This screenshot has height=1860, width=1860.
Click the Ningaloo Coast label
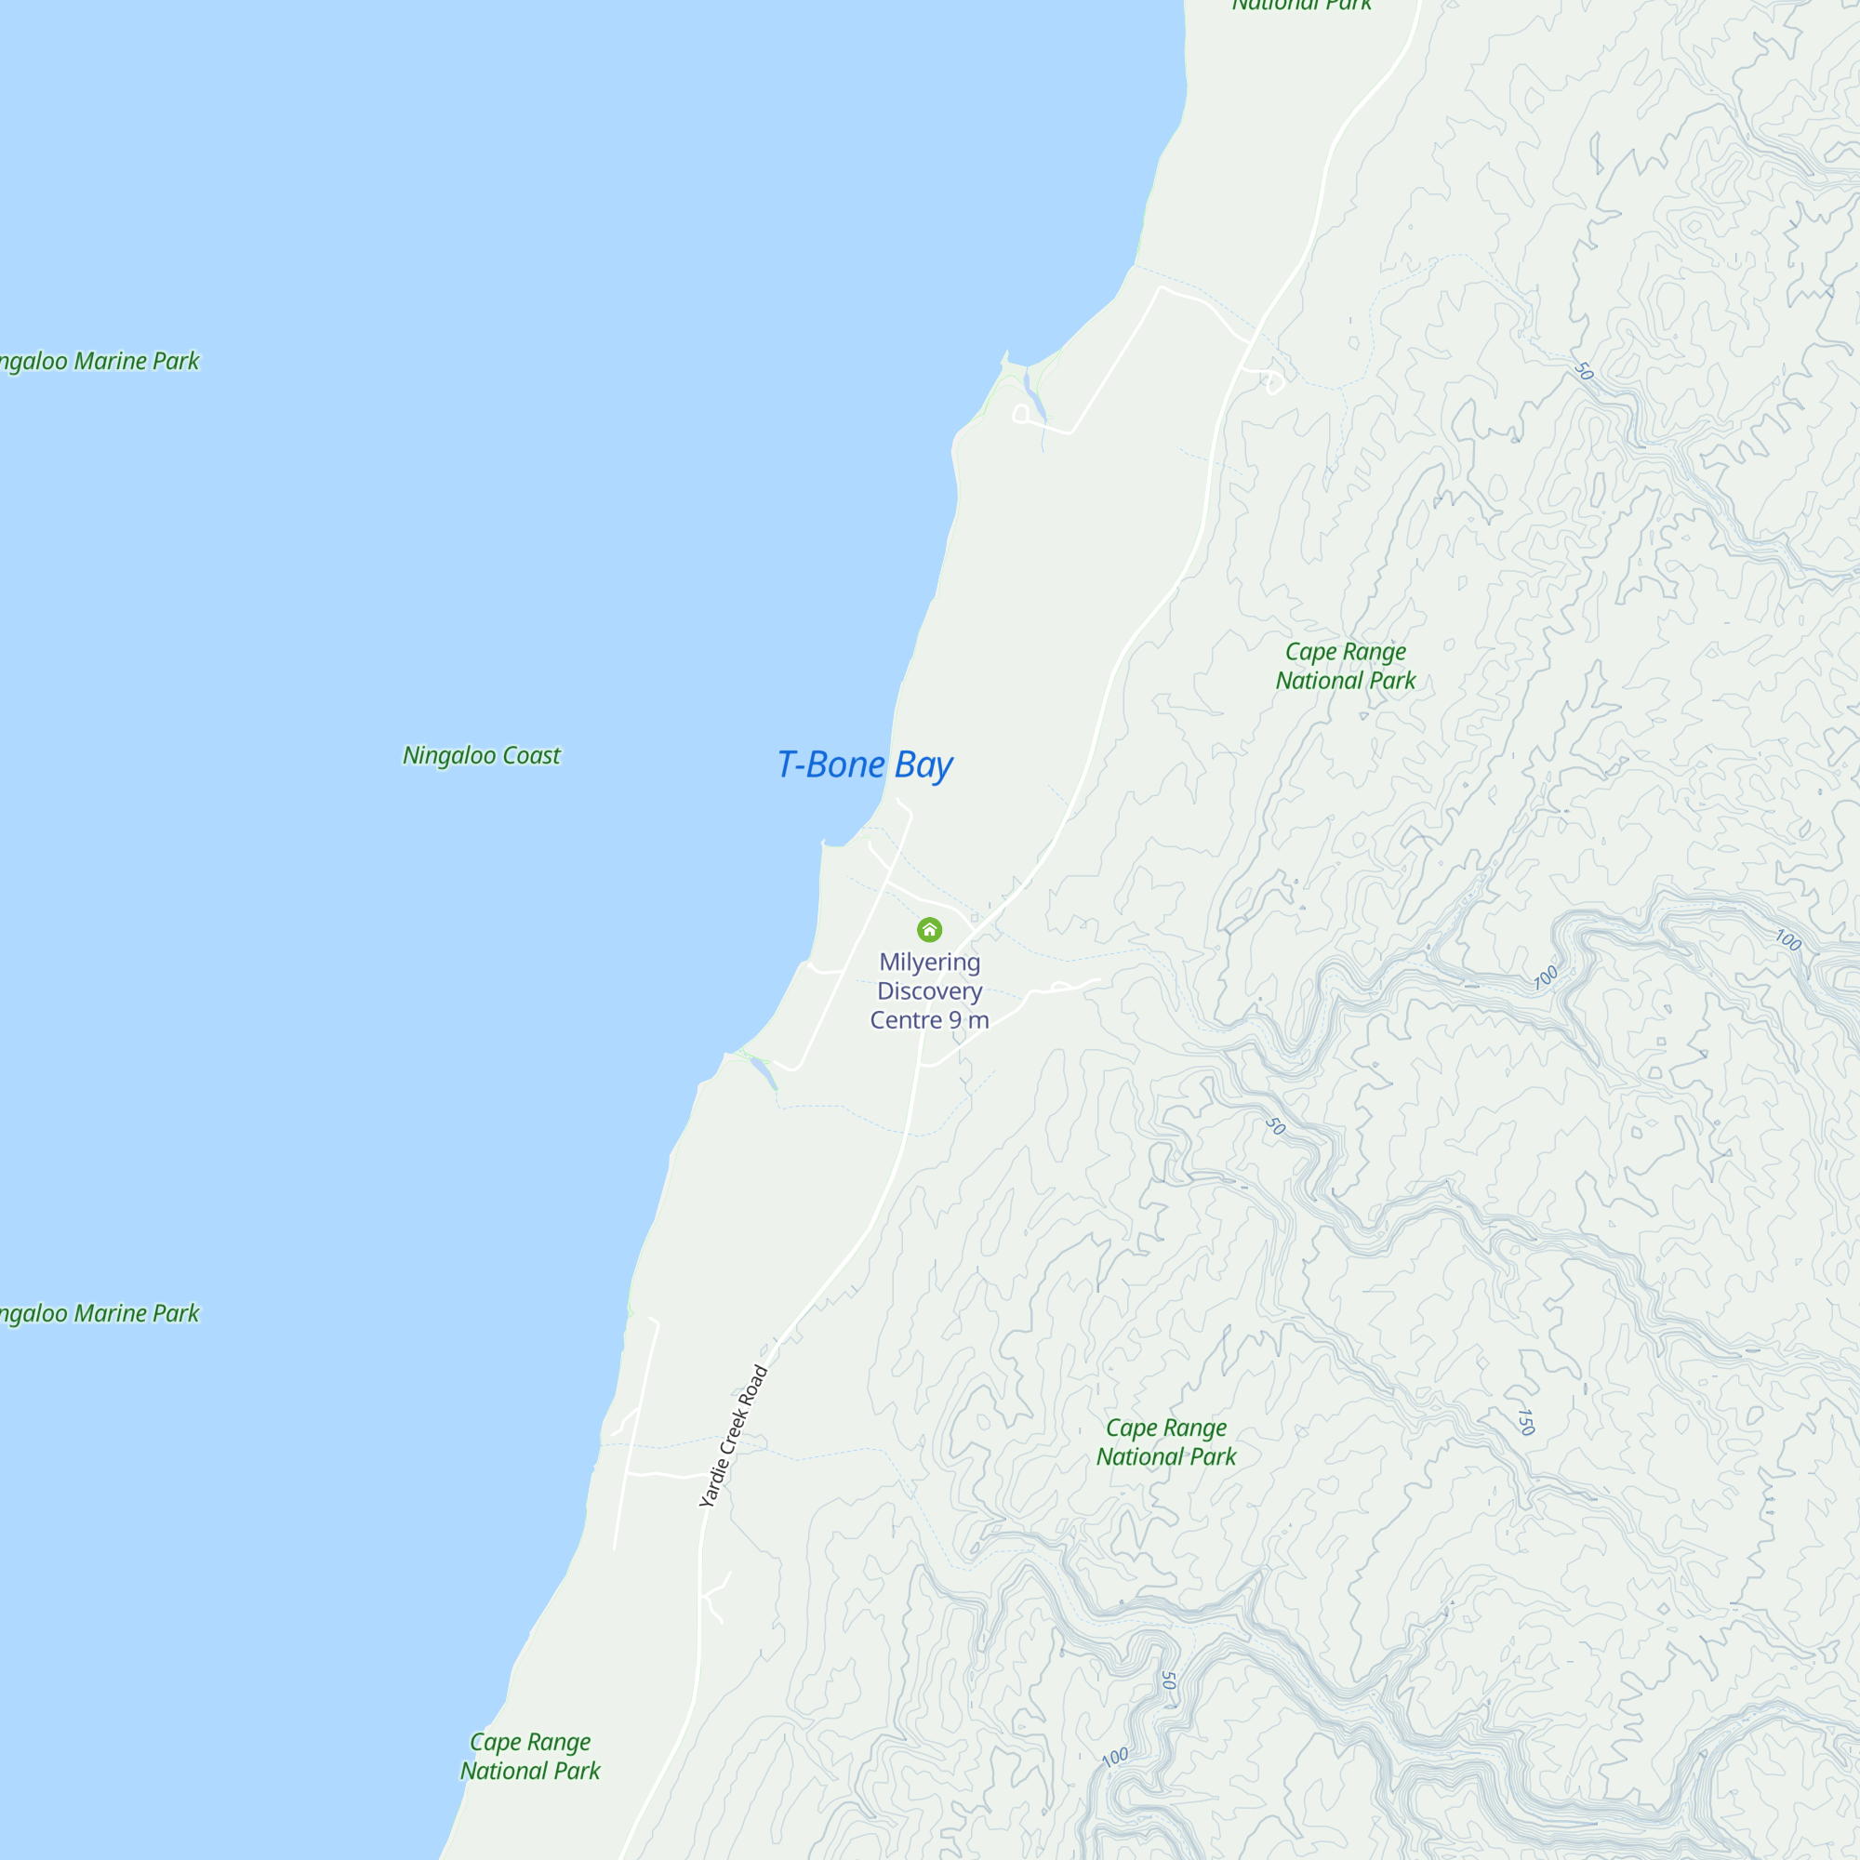pyautogui.click(x=482, y=756)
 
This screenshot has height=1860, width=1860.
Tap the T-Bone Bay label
pyautogui.click(x=864, y=765)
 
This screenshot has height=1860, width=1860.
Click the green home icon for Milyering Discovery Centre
pyautogui.click(x=929, y=929)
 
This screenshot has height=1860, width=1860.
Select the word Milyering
pyautogui.click(x=929, y=962)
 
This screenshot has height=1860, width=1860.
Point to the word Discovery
pyautogui.click(x=929, y=990)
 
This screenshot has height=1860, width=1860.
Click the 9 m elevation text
pyautogui.click(x=966, y=1020)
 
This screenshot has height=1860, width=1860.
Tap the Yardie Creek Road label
pyautogui.click(x=734, y=1435)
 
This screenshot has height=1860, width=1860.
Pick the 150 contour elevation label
pyautogui.click(x=1525, y=1422)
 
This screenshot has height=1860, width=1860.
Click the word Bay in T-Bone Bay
pyautogui.click(x=923, y=766)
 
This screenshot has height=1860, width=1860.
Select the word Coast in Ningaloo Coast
pyautogui.click(x=530, y=756)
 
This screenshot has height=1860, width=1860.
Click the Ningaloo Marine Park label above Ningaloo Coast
pyautogui.click(x=99, y=361)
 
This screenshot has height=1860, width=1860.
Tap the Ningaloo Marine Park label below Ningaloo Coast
pyautogui.click(x=99, y=1313)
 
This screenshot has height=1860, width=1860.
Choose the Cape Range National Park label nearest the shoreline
pyautogui.click(x=529, y=1756)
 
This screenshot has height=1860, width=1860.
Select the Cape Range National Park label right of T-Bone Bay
pyautogui.click(x=1345, y=666)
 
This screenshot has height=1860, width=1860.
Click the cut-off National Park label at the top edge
pyautogui.click(x=1302, y=6)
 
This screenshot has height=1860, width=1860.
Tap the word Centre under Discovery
pyautogui.click(x=906, y=1020)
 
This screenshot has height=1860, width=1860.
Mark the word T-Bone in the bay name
pyautogui.click(x=830, y=765)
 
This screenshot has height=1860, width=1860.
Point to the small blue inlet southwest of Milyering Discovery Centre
pyautogui.click(x=762, y=1069)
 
